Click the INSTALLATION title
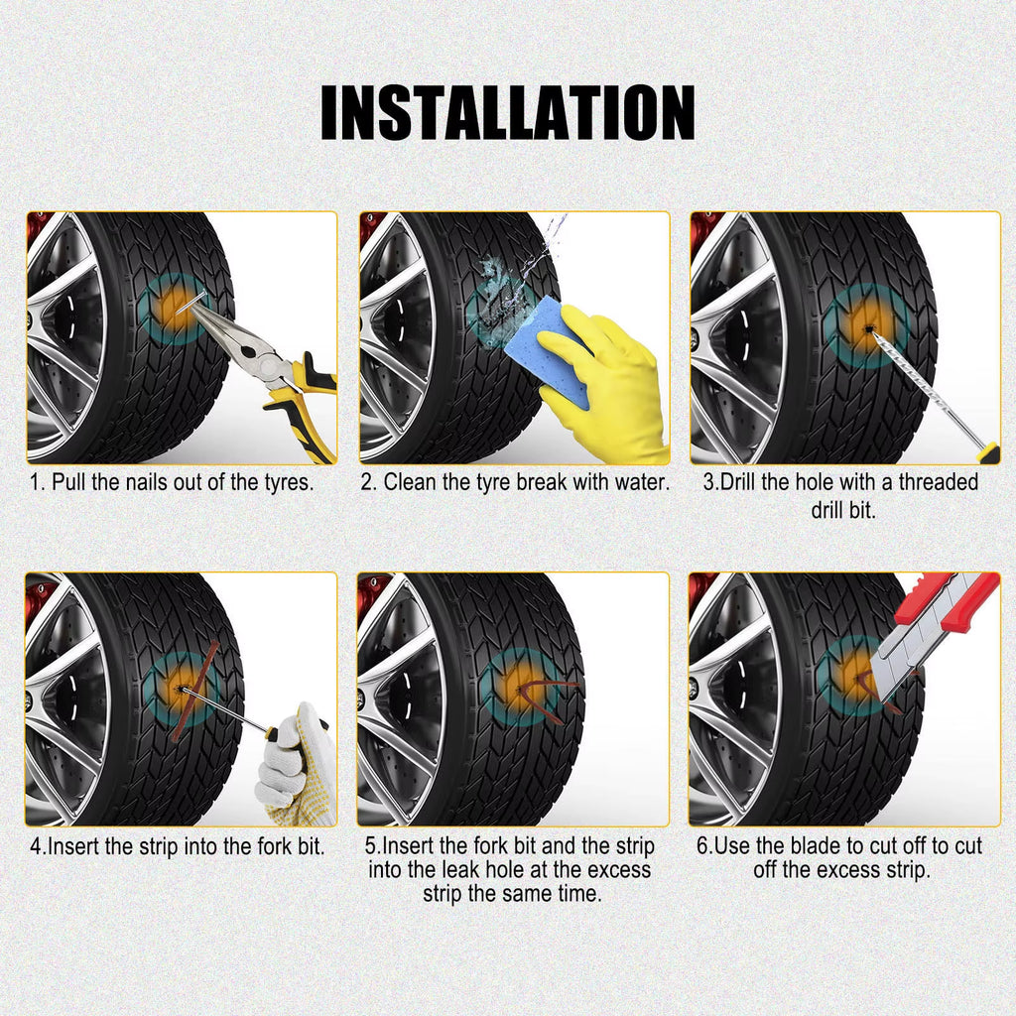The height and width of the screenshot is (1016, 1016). pos(507,112)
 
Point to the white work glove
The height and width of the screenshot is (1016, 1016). pos(293,764)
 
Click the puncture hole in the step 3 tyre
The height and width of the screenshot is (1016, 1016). pos(865,327)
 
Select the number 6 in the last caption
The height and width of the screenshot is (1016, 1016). pos(700,846)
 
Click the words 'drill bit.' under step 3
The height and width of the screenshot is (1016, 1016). pos(843,512)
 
